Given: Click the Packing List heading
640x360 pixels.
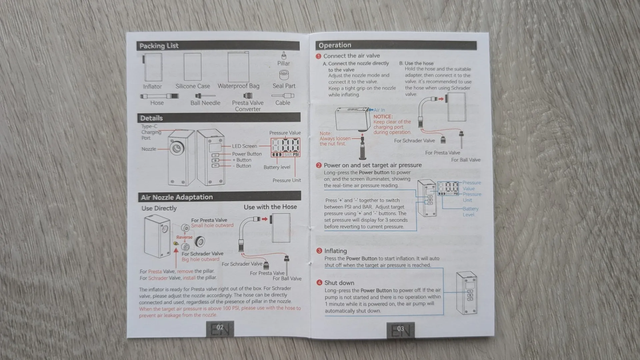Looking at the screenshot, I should point(159,46).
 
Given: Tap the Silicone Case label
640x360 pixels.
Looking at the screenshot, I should point(193,86).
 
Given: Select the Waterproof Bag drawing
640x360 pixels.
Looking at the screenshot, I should point(238,67).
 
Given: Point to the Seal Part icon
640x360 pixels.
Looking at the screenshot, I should point(284,74).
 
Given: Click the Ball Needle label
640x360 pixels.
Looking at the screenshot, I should point(205,103).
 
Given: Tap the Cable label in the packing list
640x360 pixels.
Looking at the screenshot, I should point(283,103).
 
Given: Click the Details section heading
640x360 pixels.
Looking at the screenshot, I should point(152,118).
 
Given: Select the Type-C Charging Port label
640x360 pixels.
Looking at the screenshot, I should point(151,132).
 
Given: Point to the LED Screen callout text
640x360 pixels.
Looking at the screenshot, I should point(244,146).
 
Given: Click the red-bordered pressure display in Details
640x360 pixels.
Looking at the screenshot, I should point(285,147).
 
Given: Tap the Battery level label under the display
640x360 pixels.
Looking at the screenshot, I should point(277,167).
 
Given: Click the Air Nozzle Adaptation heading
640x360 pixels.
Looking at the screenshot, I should point(177,197).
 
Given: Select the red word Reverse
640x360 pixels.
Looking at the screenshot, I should point(184,237).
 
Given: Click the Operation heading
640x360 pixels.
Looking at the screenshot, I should point(335,46).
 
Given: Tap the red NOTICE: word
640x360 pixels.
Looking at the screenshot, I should point(383,117).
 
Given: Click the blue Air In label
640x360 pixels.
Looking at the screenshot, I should point(379,110).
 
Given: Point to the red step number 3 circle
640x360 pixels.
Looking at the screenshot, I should point(319,251).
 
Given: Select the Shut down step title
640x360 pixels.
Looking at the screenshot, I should point(339,283).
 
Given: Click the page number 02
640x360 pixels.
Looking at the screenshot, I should point(220,328).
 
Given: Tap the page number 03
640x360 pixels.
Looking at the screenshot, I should point(400,329).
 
